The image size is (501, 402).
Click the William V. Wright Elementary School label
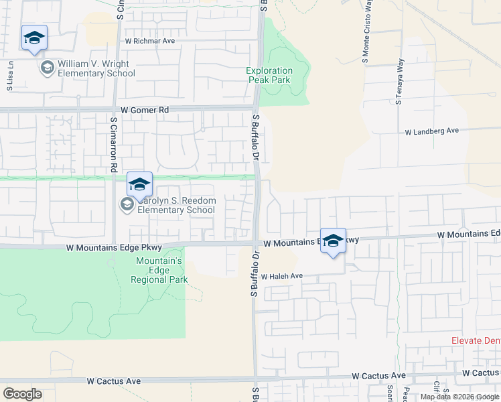96,68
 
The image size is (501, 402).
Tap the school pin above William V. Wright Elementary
34,38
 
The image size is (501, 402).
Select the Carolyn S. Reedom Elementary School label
176,205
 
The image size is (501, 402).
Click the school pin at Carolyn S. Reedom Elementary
139,185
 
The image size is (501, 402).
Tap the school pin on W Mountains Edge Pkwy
333,241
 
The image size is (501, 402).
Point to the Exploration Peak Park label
269,75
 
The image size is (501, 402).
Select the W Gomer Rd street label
145,110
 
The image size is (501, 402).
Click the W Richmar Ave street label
149,41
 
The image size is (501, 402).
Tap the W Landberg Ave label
431,132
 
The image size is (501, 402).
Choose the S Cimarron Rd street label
114,144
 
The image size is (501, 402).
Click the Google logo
23,393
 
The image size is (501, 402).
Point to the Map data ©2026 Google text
459,397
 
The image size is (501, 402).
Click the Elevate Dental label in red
476,340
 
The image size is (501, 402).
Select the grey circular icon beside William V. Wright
47,68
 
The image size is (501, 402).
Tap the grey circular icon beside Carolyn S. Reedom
127,204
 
